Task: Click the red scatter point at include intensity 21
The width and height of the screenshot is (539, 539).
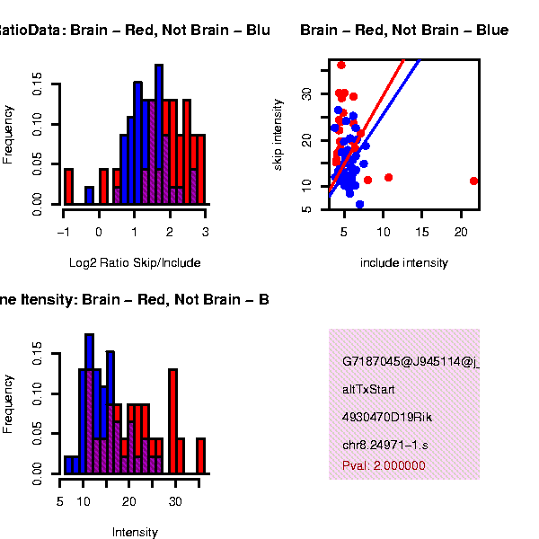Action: (474, 181)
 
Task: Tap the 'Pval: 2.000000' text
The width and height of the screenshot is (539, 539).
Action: (384, 466)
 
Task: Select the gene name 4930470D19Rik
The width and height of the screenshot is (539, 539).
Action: (383, 418)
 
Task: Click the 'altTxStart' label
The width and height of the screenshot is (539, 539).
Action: (368, 390)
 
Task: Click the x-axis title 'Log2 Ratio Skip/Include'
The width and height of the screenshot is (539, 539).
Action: (135, 263)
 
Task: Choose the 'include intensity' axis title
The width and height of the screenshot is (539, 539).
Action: (403, 263)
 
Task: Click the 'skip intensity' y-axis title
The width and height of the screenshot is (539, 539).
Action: (279, 135)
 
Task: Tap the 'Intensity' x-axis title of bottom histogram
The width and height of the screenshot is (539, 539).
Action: (135, 532)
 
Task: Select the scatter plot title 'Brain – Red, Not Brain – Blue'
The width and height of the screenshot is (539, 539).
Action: (404, 31)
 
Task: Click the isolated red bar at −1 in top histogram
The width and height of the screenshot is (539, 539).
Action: (68, 186)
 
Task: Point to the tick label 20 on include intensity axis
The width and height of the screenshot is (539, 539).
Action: (460, 233)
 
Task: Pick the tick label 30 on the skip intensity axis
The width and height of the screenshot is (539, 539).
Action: (306, 93)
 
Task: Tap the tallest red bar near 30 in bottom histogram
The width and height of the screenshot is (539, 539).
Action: (172, 420)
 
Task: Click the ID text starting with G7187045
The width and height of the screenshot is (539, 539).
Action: (410, 363)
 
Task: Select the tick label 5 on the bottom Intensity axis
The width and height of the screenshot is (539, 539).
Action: (60, 501)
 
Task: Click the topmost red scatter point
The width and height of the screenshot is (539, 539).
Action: (341, 65)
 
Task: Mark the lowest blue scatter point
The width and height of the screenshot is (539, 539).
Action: (359, 205)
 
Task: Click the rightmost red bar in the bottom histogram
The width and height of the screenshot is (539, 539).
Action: (200, 455)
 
